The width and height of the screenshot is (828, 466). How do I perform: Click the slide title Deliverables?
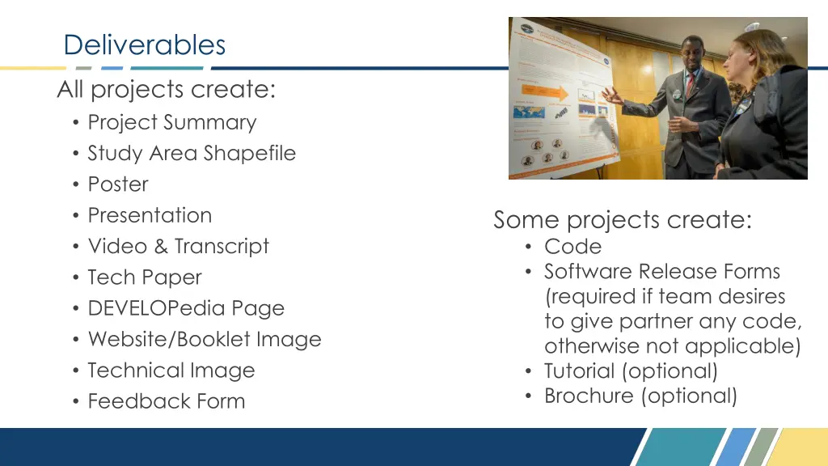coord(145,44)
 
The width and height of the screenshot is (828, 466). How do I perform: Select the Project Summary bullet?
coord(171,122)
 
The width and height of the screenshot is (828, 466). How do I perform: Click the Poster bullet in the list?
coord(118,184)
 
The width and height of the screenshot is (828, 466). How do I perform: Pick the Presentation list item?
coord(150,215)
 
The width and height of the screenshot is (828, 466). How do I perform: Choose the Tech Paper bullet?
coord(145,277)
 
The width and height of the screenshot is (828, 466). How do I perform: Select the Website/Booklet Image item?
coord(205,339)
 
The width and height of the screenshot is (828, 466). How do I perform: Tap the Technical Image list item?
coord(171,371)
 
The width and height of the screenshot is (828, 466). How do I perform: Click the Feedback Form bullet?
coord(167,401)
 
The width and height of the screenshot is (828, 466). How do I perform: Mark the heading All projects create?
coord(167,90)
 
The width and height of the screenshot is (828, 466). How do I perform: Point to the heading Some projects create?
coord(623,220)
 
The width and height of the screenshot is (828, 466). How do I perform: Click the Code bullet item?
coord(572,247)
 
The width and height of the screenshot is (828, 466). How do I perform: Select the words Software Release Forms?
coord(661,271)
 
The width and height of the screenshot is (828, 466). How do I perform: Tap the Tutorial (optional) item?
coord(631,371)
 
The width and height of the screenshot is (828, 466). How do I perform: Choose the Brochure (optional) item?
coord(640,396)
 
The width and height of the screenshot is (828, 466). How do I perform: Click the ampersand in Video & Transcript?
coord(161,246)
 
